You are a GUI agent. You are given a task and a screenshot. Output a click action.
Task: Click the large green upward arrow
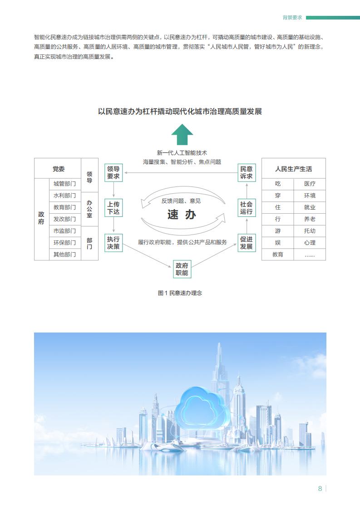point(182,134)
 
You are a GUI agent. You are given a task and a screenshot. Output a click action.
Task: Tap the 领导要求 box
point(113,173)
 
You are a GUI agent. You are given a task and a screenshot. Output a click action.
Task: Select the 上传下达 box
point(113,208)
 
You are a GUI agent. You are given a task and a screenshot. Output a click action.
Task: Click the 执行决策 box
point(113,243)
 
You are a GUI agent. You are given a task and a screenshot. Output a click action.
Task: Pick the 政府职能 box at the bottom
point(182,269)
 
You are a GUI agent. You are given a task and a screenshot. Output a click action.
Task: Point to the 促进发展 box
point(247,243)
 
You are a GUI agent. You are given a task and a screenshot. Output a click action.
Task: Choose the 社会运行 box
point(247,208)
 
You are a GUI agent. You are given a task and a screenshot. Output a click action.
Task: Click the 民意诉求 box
point(247,173)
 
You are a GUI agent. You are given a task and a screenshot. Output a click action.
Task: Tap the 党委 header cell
point(58,168)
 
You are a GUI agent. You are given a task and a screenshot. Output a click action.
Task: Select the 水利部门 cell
point(64,196)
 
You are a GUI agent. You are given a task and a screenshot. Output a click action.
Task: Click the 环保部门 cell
point(64,243)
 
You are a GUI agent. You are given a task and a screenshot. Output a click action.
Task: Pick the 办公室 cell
point(89,209)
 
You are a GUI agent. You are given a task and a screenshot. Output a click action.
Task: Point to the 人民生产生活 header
point(294,169)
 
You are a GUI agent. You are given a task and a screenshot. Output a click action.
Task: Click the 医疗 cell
point(310,184)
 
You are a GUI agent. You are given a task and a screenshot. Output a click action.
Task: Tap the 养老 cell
point(310,219)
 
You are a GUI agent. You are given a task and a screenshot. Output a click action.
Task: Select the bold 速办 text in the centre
point(182,215)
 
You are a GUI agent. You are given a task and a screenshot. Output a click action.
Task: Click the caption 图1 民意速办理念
point(180,293)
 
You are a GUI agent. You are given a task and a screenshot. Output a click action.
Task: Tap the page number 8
point(320,489)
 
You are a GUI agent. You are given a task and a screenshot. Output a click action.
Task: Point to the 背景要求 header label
point(292,18)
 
